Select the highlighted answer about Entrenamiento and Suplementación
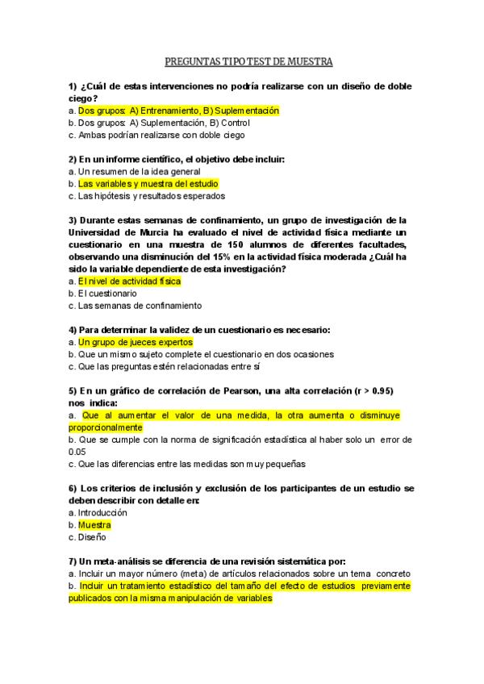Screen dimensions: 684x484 click(x=178, y=111)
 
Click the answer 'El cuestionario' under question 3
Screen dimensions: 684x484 click(x=107, y=294)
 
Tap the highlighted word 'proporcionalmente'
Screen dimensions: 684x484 click(x=105, y=427)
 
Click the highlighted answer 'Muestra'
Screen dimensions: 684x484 click(x=94, y=525)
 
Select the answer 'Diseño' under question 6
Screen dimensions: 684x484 click(x=92, y=537)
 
